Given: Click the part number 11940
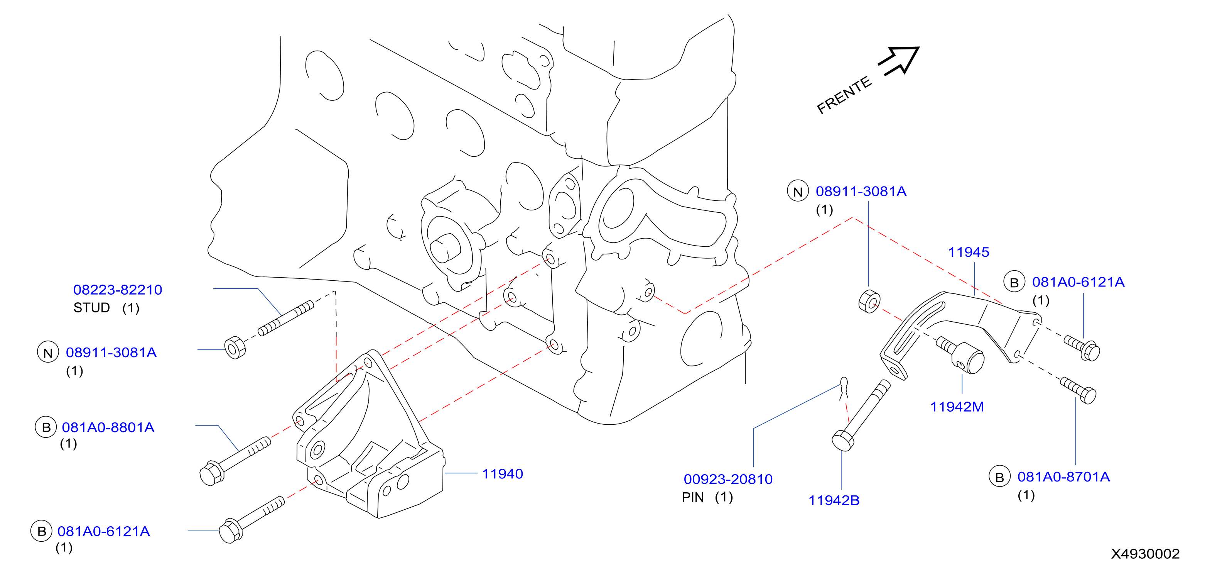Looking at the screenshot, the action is pyautogui.click(x=503, y=474).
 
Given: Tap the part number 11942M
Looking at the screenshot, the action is pyautogui.click(x=957, y=407).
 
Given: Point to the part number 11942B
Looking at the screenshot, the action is pyautogui.click(x=834, y=500).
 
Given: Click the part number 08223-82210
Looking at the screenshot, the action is pyautogui.click(x=118, y=290).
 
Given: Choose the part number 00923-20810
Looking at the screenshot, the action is pyautogui.click(x=728, y=479).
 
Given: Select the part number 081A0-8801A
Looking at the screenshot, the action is pyautogui.click(x=108, y=427).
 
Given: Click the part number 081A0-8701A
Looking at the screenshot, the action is pyautogui.click(x=1063, y=477).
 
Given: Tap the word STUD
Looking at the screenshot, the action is pyautogui.click(x=91, y=308).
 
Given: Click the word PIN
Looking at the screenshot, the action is pyautogui.click(x=692, y=498).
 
